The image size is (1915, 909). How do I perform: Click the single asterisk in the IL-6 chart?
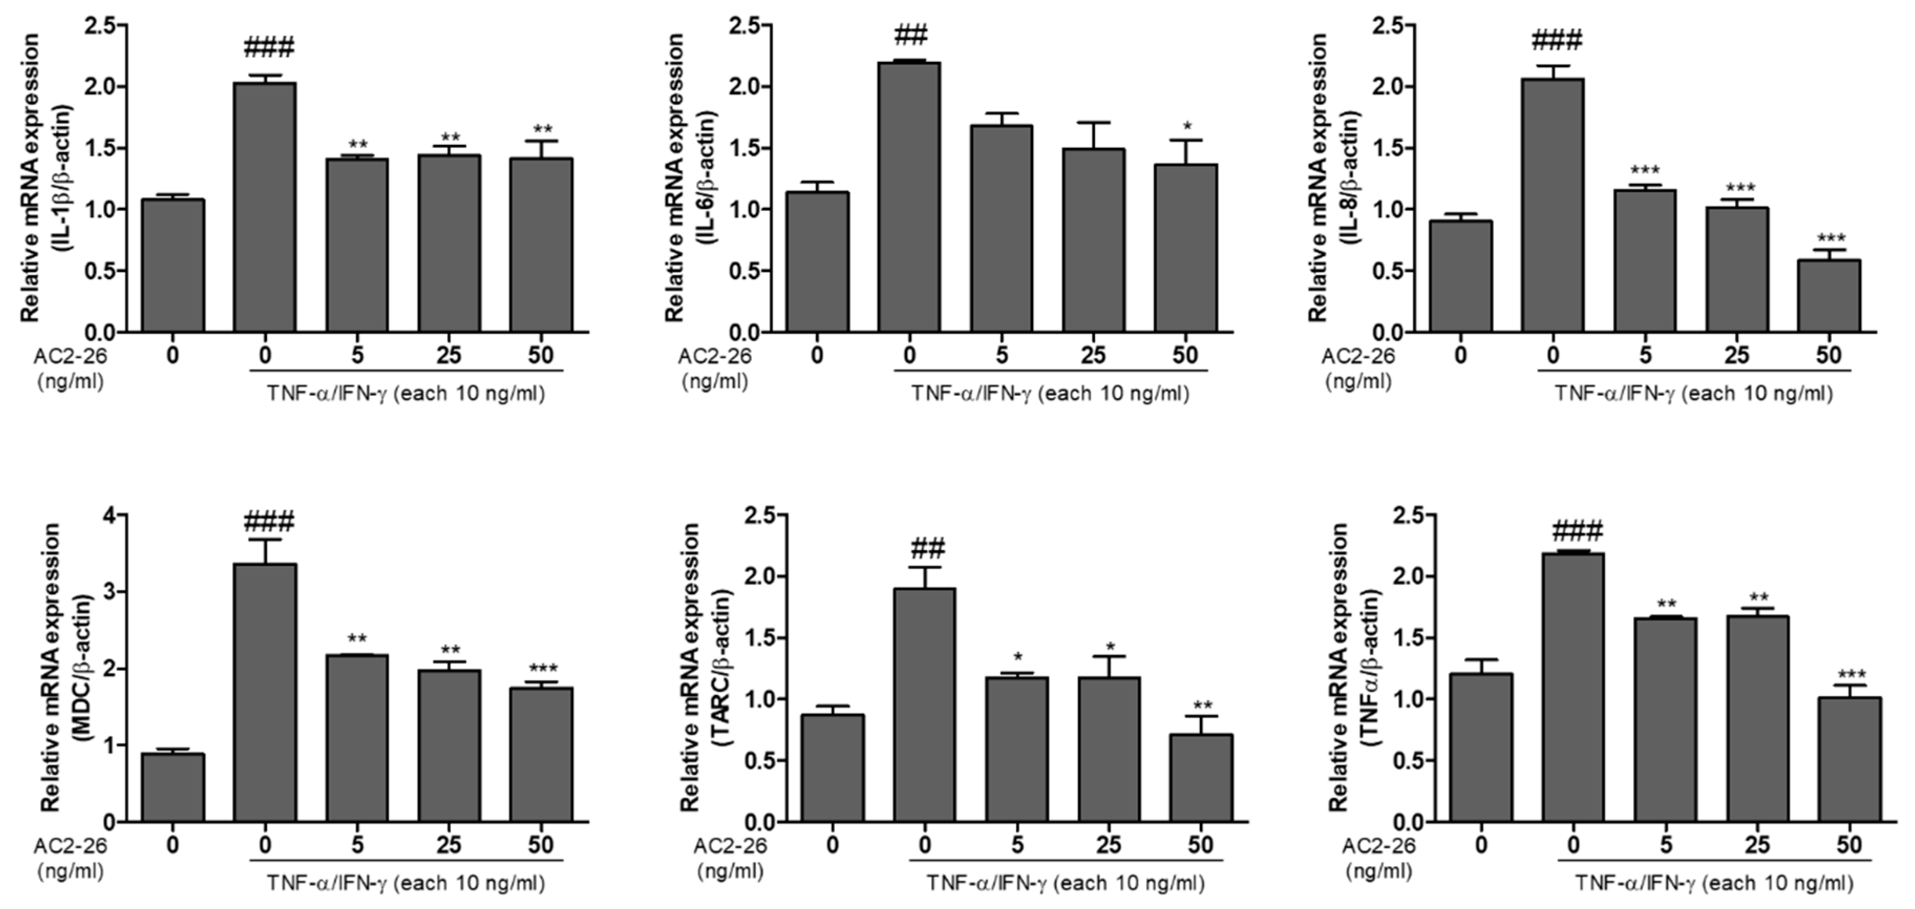(x=1186, y=126)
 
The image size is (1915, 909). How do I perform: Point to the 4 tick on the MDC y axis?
(x=110, y=515)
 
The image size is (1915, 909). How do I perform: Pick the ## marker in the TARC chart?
(x=924, y=549)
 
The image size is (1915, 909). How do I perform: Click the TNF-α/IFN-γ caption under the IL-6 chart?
(x=1050, y=394)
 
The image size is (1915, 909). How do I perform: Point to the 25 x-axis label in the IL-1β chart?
(x=448, y=355)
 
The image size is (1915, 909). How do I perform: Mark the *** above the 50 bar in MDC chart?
(x=541, y=669)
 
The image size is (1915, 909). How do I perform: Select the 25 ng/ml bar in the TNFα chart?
(x=1758, y=718)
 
